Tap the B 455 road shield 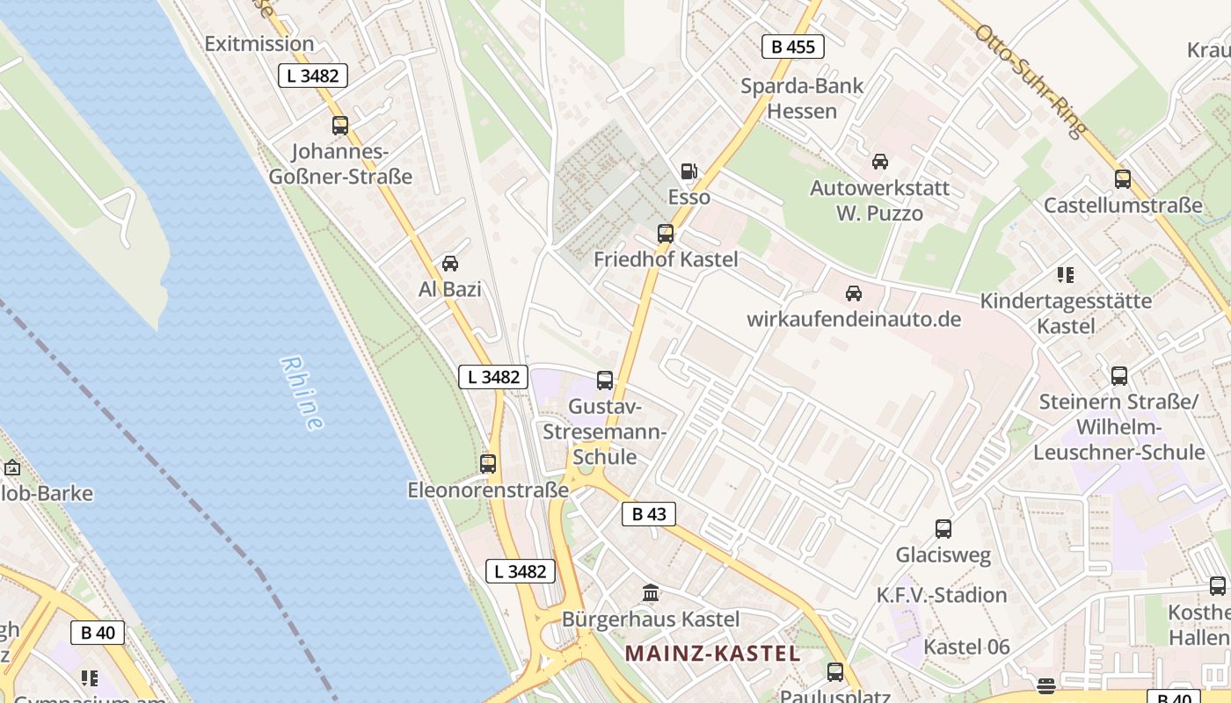792,47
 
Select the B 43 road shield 649,514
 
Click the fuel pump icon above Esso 689,171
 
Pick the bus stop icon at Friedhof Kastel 666,234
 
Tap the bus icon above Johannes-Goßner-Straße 340,126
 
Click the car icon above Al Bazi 450,263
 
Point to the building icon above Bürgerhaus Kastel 651,593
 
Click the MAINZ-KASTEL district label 712,654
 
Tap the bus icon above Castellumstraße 1123,179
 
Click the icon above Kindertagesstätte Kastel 1066,275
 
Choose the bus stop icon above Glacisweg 943,529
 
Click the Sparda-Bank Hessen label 802,98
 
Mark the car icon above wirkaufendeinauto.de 853,293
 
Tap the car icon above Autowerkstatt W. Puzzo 879,162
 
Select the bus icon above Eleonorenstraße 488,464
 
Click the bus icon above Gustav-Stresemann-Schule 605,380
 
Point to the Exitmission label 259,43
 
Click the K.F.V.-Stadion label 942,595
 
